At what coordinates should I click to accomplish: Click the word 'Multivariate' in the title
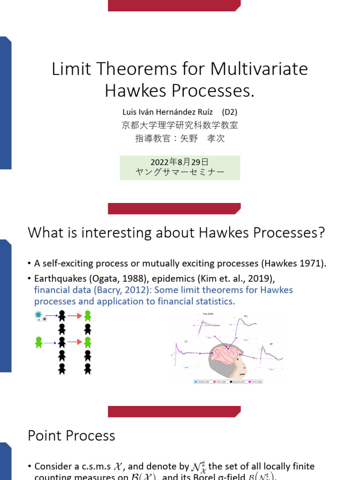(259, 69)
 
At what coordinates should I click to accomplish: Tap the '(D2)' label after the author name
(230, 112)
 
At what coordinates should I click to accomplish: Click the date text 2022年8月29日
(180, 162)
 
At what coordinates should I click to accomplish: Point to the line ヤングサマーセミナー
(180, 172)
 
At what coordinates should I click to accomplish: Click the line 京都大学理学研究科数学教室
(180, 125)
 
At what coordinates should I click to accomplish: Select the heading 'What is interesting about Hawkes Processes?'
(176, 232)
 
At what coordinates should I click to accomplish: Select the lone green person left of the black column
(39, 343)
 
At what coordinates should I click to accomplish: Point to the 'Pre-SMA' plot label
(208, 314)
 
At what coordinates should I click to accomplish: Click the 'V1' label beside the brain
(186, 341)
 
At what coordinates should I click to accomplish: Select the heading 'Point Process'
(71, 435)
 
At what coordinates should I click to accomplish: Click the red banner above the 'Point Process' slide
(174, 412)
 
